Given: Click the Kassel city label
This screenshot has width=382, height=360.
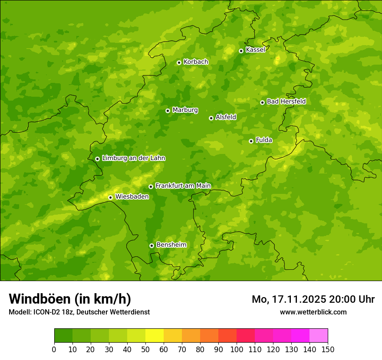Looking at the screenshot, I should coord(255,50).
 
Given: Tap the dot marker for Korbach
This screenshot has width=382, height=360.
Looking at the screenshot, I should coord(179,62).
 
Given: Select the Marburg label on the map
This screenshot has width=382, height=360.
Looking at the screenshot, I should coord(185,110).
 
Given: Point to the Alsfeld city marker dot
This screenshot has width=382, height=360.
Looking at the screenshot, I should coord(211,118).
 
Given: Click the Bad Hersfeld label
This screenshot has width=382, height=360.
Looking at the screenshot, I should coord(286,101).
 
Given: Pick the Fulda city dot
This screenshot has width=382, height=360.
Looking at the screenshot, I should coord(251,141).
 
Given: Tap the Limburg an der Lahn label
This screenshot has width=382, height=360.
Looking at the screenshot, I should coord(133,158).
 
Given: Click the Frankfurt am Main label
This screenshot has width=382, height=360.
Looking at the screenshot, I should coord(183,186).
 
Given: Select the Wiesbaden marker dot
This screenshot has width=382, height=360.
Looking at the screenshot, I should coord(111,197).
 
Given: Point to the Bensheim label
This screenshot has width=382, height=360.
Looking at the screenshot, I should coord(171,245).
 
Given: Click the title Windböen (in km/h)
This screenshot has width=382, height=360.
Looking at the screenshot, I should coord(70,299).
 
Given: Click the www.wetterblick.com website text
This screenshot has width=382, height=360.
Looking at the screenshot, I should coord(313,312).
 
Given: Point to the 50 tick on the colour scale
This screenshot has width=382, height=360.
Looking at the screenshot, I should coord(145,349).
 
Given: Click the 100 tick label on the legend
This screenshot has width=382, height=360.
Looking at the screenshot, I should coord(237,349).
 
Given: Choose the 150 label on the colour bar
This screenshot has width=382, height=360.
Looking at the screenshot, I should coord(328,349).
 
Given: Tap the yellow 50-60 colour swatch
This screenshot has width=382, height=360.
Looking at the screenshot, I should coord(155,336).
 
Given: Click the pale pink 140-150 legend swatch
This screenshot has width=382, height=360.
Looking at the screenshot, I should coord(319,336).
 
